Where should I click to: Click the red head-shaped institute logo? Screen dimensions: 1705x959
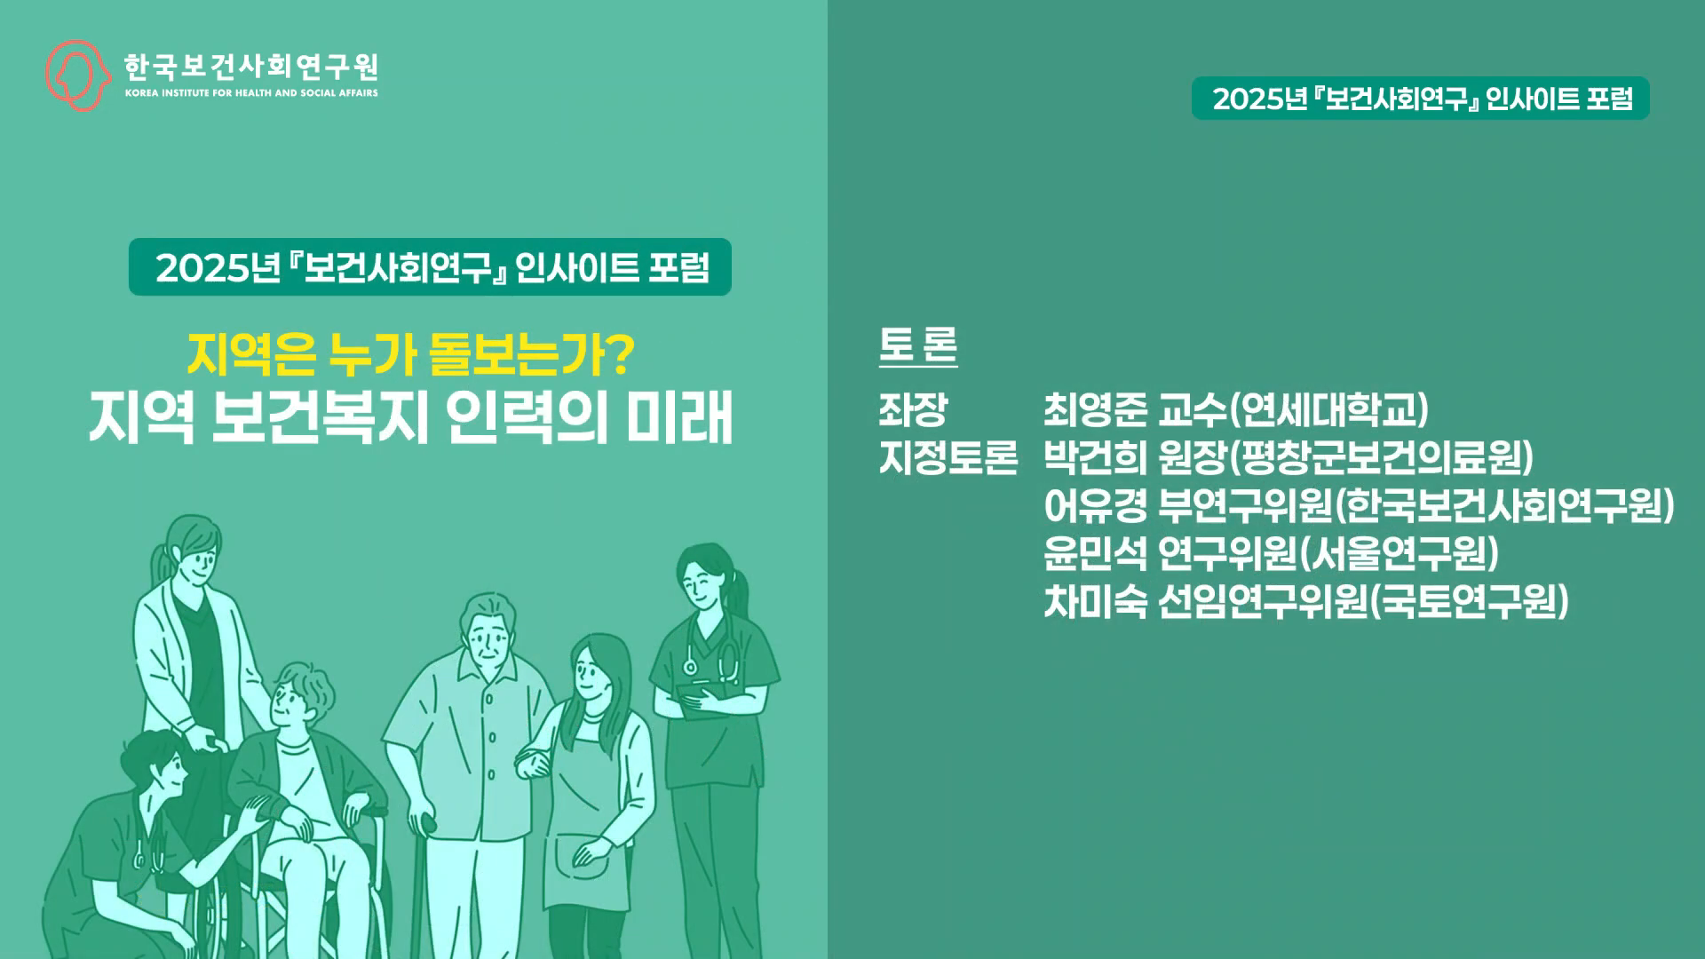tap(77, 75)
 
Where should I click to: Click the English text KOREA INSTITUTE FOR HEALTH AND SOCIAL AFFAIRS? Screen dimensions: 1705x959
tap(251, 93)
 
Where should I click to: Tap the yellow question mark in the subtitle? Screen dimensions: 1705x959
tap(622, 353)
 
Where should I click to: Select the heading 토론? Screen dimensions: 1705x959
tap(918, 345)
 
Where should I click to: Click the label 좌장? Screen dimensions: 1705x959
tap(913, 409)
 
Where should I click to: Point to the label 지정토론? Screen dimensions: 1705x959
tap(948, 458)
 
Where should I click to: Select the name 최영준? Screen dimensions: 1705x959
tap(1095, 409)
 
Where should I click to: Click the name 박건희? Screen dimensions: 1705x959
tap(1095, 458)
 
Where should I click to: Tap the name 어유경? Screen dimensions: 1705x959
tap(1095, 506)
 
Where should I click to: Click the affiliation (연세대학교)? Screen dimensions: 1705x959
tap(1329, 409)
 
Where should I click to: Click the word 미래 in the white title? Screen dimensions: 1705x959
tap(680, 419)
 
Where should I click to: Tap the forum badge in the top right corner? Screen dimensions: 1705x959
tap(1421, 99)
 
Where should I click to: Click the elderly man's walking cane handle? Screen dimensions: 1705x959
tap(429, 822)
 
